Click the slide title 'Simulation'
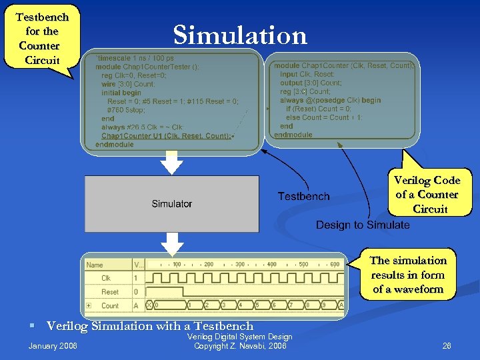click(x=240, y=35)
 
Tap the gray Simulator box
click(x=171, y=203)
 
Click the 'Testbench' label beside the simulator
click(x=303, y=196)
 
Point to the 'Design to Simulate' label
click(x=363, y=225)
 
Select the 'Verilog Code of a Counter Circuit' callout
click(x=427, y=193)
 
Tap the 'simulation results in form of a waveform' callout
click(x=408, y=274)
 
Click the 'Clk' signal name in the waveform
click(x=106, y=278)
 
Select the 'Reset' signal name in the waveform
click(x=110, y=291)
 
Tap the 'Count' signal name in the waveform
click(x=110, y=305)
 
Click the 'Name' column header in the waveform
click(x=95, y=265)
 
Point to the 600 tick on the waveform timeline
click(x=334, y=265)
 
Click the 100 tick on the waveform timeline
click(x=177, y=265)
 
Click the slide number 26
click(x=447, y=345)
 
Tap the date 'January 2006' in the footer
click(x=53, y=345)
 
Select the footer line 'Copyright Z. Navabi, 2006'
click(x=239, y=346)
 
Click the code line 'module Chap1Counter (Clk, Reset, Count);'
click(x=344, y=66)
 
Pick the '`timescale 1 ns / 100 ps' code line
click(x=136, y=58)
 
